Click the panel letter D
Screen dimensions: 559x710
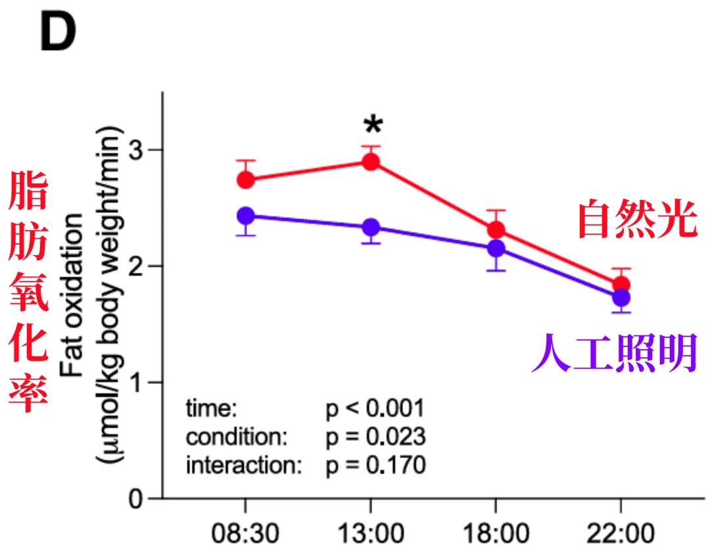click(x=58, y=35)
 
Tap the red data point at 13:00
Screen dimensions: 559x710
click(x=371, y=162)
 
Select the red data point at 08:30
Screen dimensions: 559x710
click(x=246, y=180)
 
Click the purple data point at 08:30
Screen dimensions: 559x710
click(x=246, y=215)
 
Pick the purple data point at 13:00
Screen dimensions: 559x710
click(x=371, y=227)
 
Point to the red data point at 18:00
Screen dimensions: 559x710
click(x=496, y=230)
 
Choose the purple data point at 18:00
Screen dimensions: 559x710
click(x=496, y=249)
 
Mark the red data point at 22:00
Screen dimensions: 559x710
click(x=621, y=284)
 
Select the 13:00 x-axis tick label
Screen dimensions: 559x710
click(x=370, y=533)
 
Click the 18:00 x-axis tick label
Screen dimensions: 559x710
click(x=496, y=533)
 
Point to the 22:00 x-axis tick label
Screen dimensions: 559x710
click(x=621, y=533)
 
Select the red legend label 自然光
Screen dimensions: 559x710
click(x=636, y=220)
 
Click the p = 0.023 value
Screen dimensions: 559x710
click(x=375, y=437)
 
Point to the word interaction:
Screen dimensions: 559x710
click(x=244, y=466)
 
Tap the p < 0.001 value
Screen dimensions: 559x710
click(x=375, y=409)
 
